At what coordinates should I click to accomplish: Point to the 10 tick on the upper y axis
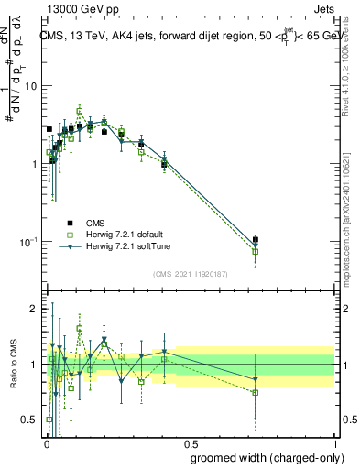[29, 86]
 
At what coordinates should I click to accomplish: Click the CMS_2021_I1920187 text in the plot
[190, 273]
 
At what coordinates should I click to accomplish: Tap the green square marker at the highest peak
[80, 111]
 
